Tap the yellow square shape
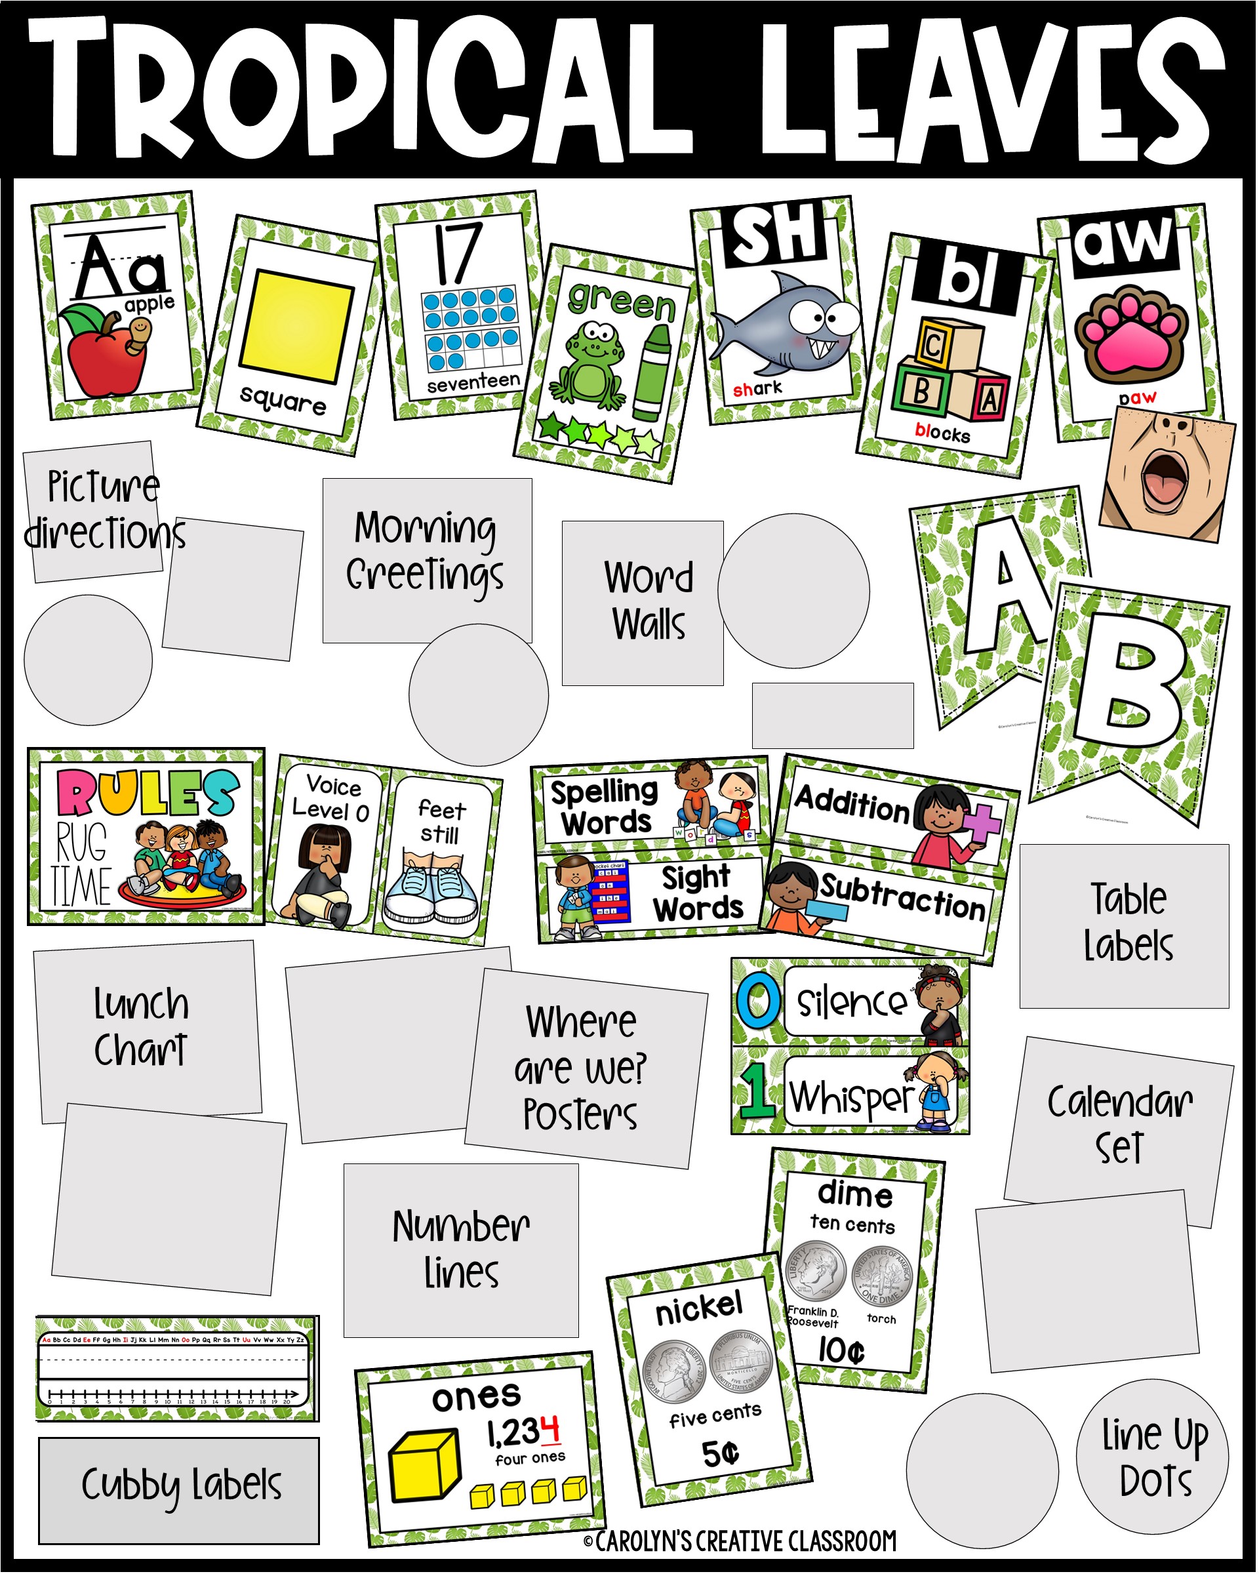click(296, 327)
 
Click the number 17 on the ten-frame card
click(458, 252)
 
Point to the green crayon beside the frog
click(652, 373)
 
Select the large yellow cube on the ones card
click(426, 1464)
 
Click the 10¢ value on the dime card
click(841, 1350)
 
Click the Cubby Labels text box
click(179, 1485)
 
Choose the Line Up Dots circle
click(1153, 1457)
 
